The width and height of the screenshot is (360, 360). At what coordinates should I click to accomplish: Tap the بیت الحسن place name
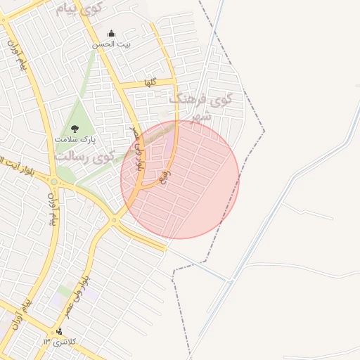pyautogui.click(x=112, y=44)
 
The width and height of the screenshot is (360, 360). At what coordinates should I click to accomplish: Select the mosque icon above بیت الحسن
pyautogui.click(x=111, y=33)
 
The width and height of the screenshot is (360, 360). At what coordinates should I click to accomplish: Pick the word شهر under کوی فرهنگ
pyautogui.click(x=202, y=117)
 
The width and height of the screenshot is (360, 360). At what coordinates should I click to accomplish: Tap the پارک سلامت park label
pyautogui.click(x=75, y=139)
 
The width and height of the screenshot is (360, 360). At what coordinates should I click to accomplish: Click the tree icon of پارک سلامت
pyautogui.click(x=75, y=127)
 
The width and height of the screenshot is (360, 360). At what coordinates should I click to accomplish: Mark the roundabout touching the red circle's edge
pyautogui.click(x=115, y=220)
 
